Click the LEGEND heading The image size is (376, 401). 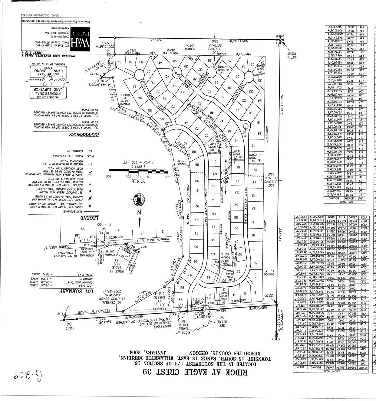point(90,217)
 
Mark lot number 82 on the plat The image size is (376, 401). point(119,62)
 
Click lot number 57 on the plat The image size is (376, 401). point(237,242)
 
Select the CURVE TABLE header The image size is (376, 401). point(331,371)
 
